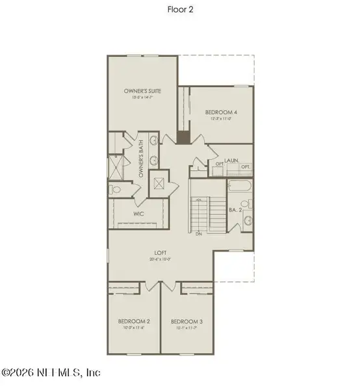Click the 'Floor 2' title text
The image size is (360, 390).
pos(180,10)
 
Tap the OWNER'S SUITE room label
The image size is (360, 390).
pos(142,91)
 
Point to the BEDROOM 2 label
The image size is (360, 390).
pos(134,321)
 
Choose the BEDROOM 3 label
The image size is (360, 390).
pos(187,321)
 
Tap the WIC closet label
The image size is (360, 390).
pos(138,213)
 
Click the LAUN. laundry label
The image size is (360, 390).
pos(233,159)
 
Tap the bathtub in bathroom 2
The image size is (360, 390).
pos(238,186)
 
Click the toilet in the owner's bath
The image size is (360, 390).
pos(115,189)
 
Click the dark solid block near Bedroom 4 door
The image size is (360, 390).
pos(184,137)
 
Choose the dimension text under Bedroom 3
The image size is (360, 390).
pos(187,328)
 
